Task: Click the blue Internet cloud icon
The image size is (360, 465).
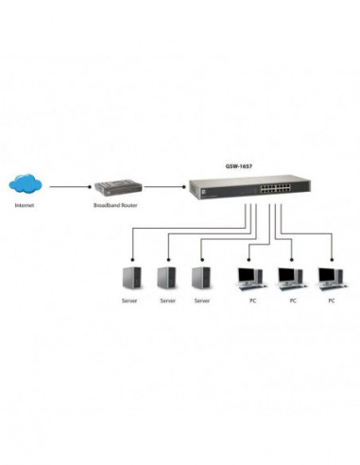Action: click(26, 186)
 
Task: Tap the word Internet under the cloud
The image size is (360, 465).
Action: click(26, 206)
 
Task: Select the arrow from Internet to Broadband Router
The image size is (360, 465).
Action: click(68, 186)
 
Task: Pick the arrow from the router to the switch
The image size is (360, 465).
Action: click(161, 186)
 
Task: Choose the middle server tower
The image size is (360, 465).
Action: click(166, 278)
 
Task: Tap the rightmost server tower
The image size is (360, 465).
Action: click(200, 278)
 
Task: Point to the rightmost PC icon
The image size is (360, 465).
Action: click(330, 278)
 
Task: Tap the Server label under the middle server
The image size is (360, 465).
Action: click(167, 301)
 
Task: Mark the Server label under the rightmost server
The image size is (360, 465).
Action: click(200, 301)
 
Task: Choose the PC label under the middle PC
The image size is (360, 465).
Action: click(292, 301)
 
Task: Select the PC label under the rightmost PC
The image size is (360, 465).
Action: click(332, 301)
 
